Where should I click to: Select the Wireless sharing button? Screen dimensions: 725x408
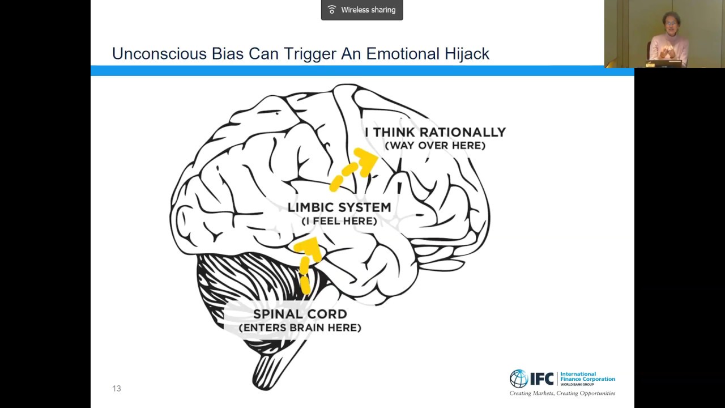[362, 10]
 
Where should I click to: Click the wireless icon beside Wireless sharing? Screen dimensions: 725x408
[332, 10]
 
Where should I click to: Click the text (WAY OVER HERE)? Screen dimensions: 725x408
[435, 146]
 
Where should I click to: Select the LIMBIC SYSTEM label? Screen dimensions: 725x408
[339, 207]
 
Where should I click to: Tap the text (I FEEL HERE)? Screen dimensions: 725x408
[339, 221]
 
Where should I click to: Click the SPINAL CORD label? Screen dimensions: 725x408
[300, 314]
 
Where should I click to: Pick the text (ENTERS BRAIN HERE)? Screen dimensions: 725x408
[300, 328]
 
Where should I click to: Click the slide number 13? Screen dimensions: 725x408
[117, 388]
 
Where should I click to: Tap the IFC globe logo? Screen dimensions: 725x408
[518, 378]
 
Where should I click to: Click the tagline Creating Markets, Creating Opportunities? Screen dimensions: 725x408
[562, 393]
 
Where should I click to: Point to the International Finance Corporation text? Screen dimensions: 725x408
[587, 377]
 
